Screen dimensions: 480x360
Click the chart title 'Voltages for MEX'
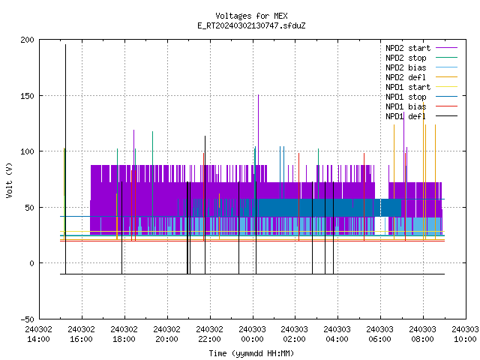[251, 16]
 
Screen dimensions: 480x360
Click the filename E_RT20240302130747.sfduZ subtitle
[251, 25]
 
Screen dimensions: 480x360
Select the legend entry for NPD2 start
[421, 48]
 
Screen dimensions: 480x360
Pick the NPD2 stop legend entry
[421, 58]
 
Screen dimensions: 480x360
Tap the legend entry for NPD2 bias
[421, 67]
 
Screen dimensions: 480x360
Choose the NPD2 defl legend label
[421, 77]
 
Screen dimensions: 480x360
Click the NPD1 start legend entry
[421, 87]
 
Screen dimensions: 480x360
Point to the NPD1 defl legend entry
[421, 116]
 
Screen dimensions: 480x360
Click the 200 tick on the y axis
[27, 40]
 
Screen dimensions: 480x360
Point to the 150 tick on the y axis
[27, 96]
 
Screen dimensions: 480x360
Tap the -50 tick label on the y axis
[27, 319]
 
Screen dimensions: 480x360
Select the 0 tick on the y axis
[31, 263]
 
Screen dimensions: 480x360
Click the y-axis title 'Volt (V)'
[10, 180]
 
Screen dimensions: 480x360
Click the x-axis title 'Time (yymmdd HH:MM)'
[251, 353]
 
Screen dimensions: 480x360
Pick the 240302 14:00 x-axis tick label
[38, 334]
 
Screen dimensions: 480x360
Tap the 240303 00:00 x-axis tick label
[252, 334]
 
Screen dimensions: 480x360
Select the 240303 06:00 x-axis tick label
[380, 334]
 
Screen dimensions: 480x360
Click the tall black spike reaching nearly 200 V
[65, 159]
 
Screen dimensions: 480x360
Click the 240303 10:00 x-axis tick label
[465, 334]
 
